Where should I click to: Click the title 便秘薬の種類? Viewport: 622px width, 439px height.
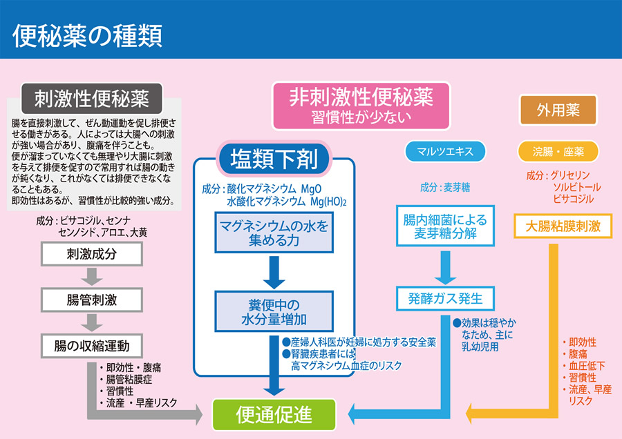[87, 35]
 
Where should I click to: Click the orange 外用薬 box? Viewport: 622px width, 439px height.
[558, 110]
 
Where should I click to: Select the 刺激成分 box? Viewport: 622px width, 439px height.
[91, 253]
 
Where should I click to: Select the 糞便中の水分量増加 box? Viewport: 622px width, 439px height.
[274, 311]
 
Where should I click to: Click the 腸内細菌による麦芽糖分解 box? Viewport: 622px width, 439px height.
[444, 226]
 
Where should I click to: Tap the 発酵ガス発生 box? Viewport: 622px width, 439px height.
[444, 298]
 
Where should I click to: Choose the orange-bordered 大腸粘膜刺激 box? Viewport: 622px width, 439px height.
[563, 226]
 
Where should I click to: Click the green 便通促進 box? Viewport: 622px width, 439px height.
[274, 414]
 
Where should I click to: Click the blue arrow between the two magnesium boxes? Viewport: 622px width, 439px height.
[274, 272]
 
